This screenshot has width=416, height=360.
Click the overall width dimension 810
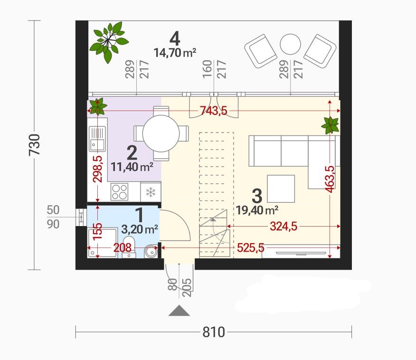[214, 332]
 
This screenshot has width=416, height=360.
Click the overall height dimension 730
[35, 144]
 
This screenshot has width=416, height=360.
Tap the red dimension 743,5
[214, 111]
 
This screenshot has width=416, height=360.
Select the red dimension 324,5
[284, 226]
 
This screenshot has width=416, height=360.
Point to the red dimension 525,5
[251, 247]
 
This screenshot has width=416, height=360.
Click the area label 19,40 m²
[257, 210]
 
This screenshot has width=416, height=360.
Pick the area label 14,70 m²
[175, 53]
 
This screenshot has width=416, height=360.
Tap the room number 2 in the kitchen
[132, 152]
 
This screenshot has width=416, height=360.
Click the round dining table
[161, 133]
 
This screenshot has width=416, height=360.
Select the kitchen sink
[97, 139]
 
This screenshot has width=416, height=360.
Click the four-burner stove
[120, 192]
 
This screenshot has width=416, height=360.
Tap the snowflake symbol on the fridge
[151, 192]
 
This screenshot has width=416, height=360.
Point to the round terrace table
[290, 44]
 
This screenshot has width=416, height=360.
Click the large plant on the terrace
[108, 42]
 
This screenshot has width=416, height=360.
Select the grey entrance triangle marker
[180, 311]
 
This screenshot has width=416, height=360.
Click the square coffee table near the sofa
[281, 189]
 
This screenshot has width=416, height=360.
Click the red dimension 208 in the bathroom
[123, 247]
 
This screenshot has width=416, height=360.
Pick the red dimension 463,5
[330, 179]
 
